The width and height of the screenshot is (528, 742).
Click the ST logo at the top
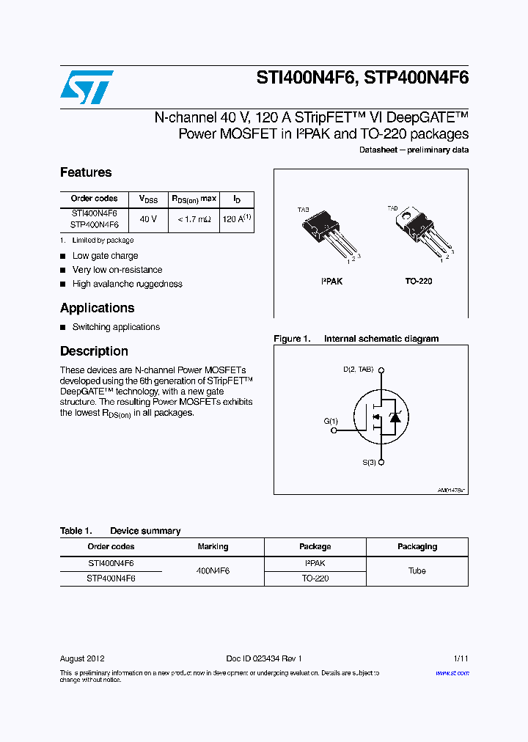pos(87,87)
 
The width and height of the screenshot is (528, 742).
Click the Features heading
pos(86,172)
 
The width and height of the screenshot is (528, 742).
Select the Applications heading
pos(97,308)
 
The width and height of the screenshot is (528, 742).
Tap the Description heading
pos(94,351)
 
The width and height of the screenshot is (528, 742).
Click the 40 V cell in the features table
pos(148,219)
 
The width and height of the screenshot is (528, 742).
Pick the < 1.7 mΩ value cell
pos(194,219)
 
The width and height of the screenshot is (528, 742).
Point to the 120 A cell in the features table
pos(236,219)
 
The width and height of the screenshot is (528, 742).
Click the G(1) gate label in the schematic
pos(331,422)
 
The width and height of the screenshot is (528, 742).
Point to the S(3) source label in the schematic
pos(369,463)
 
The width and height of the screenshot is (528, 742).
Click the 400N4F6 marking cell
pos(213,570)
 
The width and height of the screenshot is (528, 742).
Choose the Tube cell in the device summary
pos(417,570)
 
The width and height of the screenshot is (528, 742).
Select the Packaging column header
pos(417,546)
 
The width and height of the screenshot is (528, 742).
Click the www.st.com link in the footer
pos(452,672)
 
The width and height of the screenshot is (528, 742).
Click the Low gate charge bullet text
pos(105,256)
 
